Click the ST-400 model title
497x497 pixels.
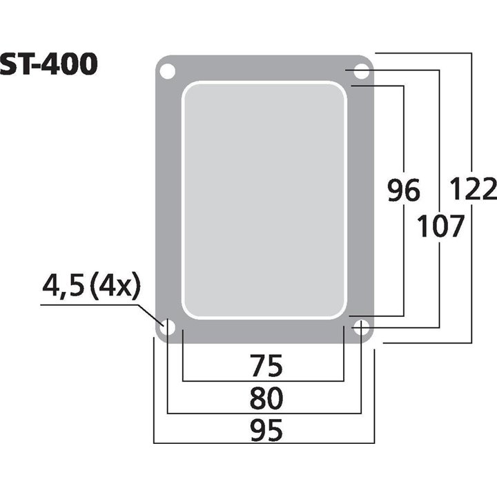[x=48, y=64]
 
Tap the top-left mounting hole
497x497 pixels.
[x=167, y=70]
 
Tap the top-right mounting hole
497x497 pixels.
[x=361, y=71]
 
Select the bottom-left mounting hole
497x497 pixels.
[x=167, y=329]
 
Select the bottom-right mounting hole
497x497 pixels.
[x=361, y=329]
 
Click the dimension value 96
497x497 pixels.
[x=402, y=189]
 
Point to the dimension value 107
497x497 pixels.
[x=440, y=226]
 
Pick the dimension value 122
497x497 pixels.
[x=473, y=188]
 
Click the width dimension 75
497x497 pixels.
[x=265, y=367]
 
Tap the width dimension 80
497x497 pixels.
[x=265, y=399]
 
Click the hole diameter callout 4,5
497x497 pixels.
[x=64, y=284]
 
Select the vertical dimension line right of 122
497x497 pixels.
[x=472, y=276]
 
